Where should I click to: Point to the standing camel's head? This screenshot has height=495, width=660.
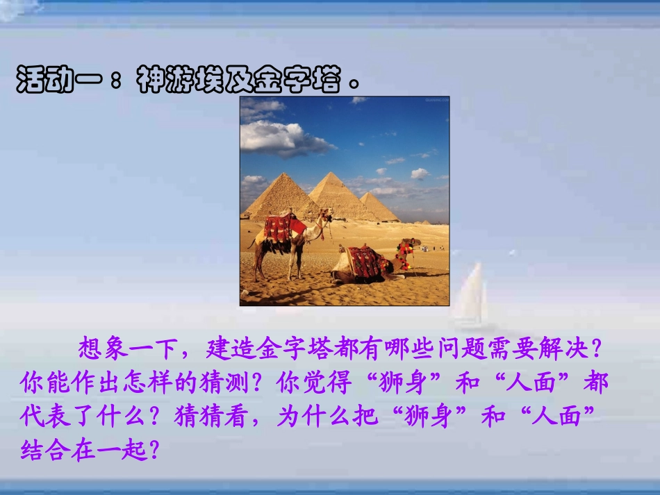pos(324,215)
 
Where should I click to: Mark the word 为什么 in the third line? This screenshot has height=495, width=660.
pos(313,417)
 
